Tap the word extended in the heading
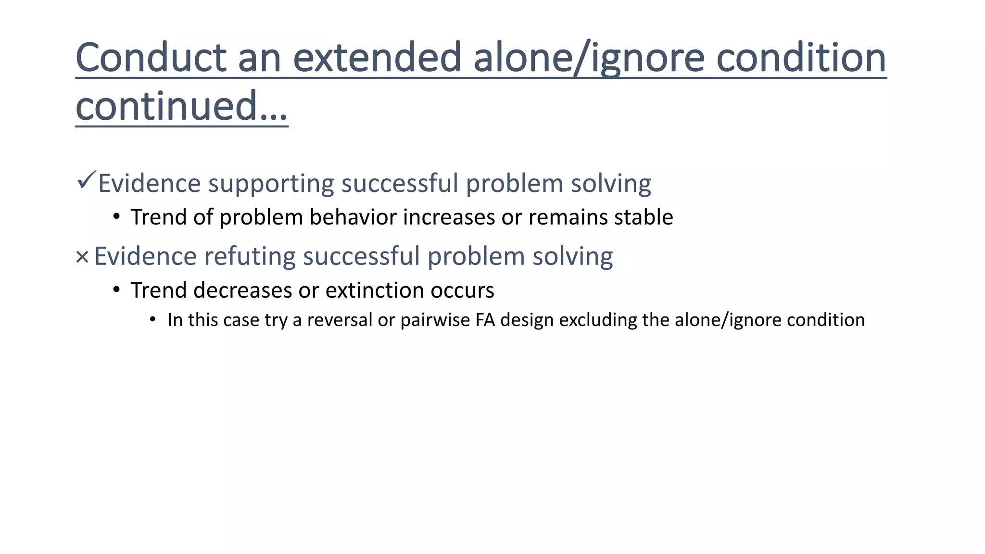pyautogui.click(x=377, y=58)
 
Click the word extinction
pyautogui.click(x=374, y=290)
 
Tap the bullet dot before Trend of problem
pyautogui.click(x=116, y=217)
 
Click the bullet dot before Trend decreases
pyautogui.click(x=116, y=290)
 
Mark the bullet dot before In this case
pyautogui.click(x=153, y=320)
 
